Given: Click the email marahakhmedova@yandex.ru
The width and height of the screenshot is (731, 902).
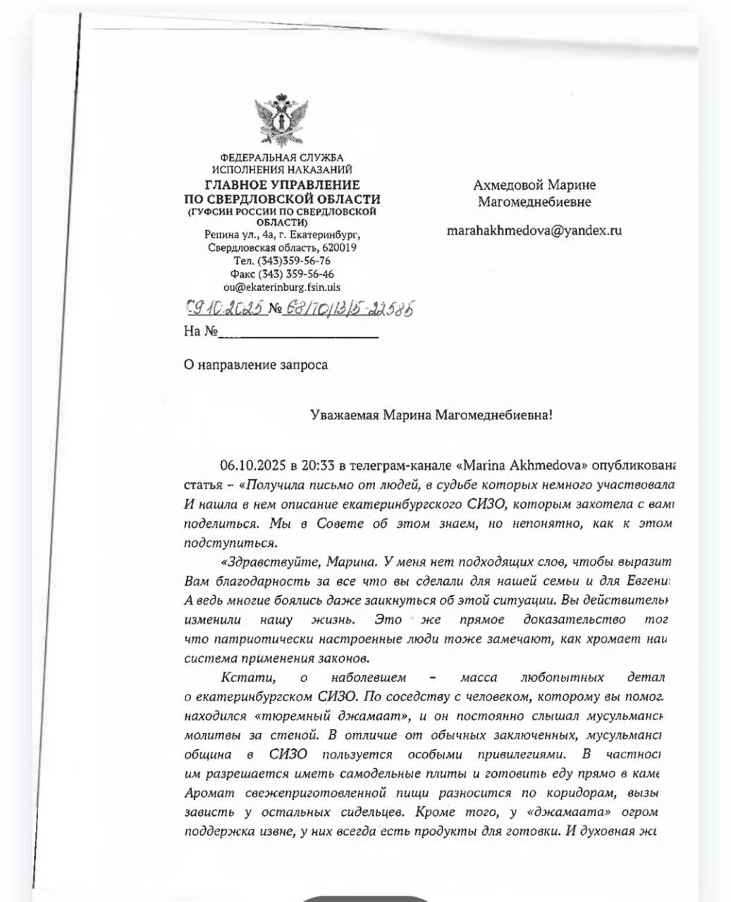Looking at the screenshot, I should (x=534, y=230).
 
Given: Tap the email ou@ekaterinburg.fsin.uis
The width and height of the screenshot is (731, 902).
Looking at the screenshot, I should (x=281, y=287).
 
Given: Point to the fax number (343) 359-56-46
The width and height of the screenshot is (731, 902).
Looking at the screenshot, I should (x=296, y=274).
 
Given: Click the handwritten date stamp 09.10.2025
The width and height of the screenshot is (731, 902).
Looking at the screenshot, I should (x=226, y=308).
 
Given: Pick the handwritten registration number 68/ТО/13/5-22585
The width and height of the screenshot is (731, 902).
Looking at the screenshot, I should (x=348, y=308).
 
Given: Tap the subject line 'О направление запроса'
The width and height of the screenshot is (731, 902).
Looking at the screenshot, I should (x=255, y=364).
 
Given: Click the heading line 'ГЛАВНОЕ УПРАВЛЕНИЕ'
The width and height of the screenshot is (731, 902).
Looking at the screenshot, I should (x=282, y=185).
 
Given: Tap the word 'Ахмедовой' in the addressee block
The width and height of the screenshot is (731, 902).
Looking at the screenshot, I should (x=508, y=185).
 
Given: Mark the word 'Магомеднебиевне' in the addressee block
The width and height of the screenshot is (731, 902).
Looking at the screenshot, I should (x=534, y=202).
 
